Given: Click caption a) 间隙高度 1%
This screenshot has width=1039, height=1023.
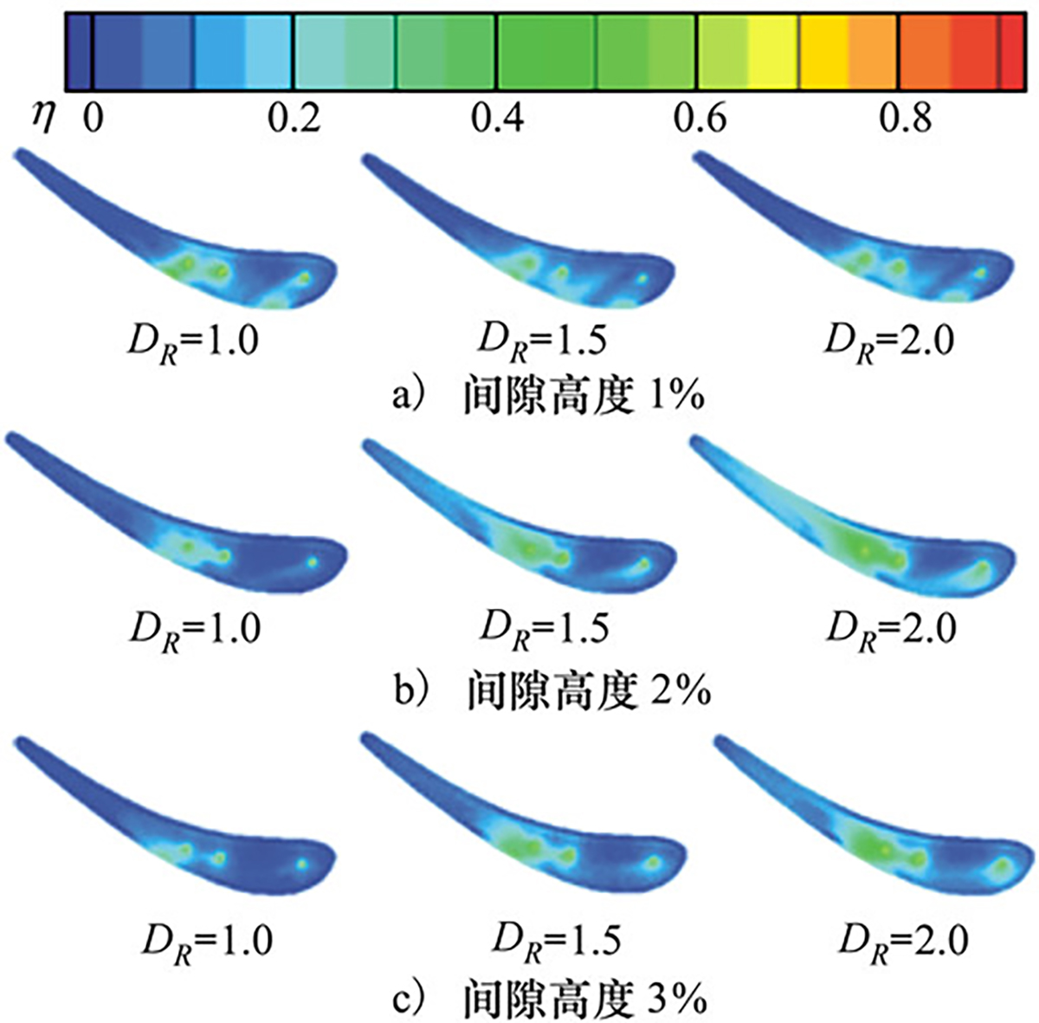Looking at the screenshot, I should (x=548, y=395).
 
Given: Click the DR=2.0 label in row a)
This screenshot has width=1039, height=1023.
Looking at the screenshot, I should (x=888, y=340).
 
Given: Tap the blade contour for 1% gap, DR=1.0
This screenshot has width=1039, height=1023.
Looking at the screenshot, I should (x=199, y=243).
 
